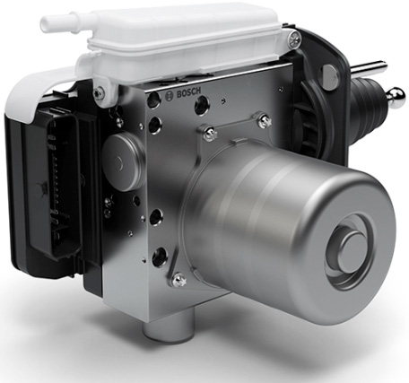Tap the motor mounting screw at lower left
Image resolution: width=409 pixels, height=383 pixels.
[178, 281]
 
